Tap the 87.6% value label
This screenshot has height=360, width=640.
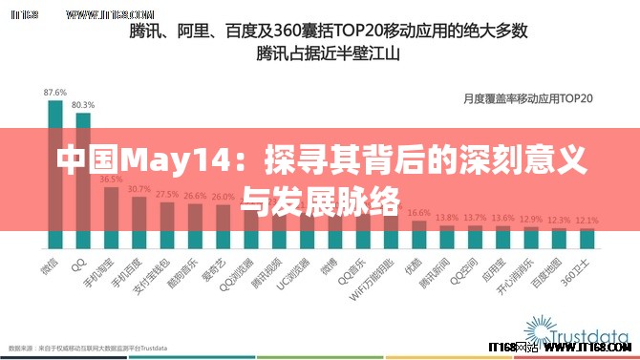(x=55, y=92)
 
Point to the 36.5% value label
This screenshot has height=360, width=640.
(x=111, y=179)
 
